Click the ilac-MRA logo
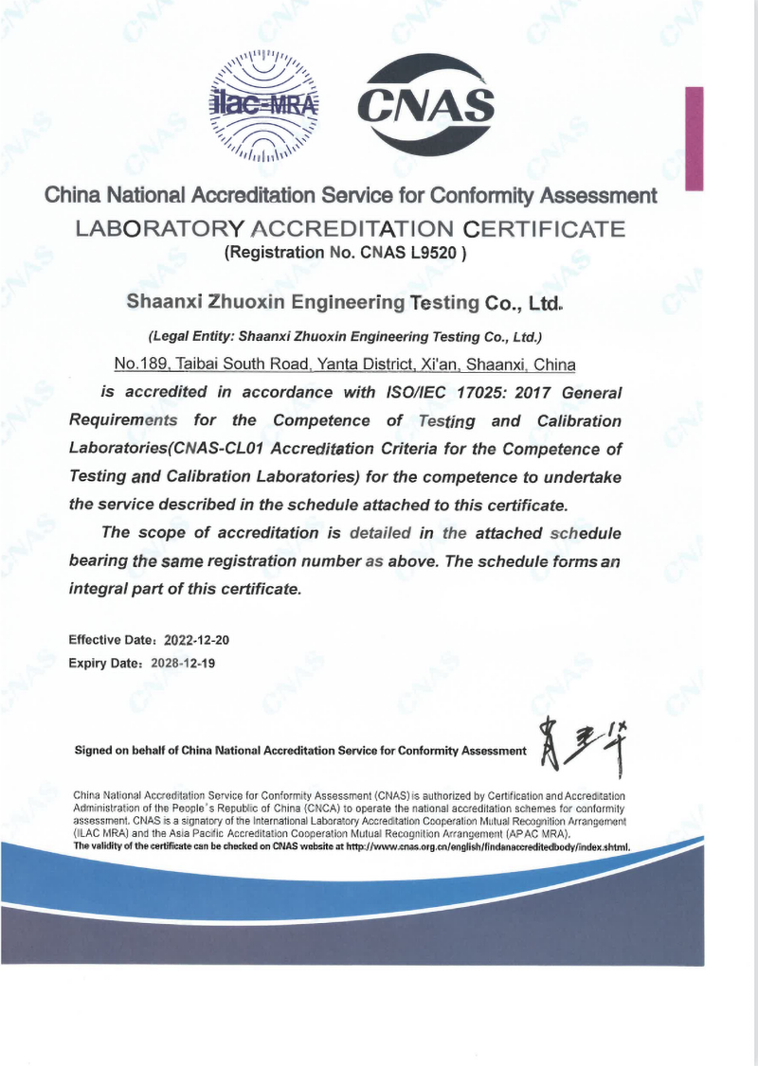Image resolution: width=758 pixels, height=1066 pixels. coord(263,105)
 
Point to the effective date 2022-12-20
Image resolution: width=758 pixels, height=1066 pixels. coord(197,640)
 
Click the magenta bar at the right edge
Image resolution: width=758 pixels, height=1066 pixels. coord(695,139)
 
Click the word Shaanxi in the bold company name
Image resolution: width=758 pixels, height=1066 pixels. coord(162,304)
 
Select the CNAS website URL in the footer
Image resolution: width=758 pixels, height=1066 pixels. coord(488,846)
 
